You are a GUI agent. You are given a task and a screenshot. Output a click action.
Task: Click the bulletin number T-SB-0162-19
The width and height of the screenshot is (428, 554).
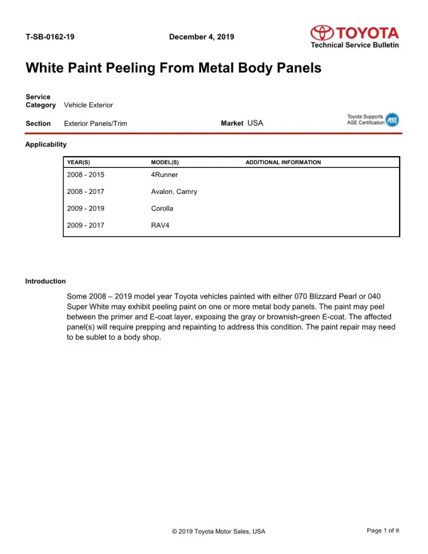coord(50,37)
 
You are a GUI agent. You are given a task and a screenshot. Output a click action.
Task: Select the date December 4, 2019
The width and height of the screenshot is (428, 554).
coord(201,37)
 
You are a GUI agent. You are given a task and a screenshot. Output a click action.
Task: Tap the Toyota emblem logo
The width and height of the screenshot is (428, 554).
coord(322,33)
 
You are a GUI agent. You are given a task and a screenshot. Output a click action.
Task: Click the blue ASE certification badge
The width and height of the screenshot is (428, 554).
coord(392,120)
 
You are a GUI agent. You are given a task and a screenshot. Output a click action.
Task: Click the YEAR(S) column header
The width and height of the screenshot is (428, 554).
coord(78,162)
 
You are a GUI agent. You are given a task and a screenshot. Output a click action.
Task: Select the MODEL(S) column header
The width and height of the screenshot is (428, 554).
coord(164,162)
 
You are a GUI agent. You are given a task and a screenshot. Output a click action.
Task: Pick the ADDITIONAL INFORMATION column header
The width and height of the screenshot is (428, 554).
coord(283,162)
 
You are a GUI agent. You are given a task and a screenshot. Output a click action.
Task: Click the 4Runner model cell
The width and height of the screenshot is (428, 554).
coord(164,175)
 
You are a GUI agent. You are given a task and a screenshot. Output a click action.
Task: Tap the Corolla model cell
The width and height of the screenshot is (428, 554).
coord(162,209)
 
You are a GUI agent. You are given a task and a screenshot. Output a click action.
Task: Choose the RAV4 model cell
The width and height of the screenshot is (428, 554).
coord(160,225)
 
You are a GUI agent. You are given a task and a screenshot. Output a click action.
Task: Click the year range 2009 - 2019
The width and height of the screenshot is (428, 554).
coord(85,209)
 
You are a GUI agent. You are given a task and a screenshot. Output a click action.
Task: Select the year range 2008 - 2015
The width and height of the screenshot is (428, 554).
coord(85,175)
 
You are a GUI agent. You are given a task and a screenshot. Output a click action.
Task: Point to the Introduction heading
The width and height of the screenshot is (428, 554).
coord(45,281)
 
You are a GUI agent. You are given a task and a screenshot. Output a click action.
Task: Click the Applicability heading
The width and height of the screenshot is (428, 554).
coord(46,145)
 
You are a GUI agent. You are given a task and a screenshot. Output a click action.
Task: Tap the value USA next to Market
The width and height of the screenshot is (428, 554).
coord(255,123)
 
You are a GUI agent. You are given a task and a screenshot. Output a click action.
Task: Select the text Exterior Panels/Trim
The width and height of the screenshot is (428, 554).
coord(95,124)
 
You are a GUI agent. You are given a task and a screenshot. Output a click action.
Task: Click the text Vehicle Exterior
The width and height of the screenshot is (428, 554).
coord(89,105)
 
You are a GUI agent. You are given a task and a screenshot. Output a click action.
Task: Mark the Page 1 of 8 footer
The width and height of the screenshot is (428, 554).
coord(383,531)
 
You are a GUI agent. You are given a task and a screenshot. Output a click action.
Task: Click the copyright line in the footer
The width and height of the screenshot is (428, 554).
coord(219,531)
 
